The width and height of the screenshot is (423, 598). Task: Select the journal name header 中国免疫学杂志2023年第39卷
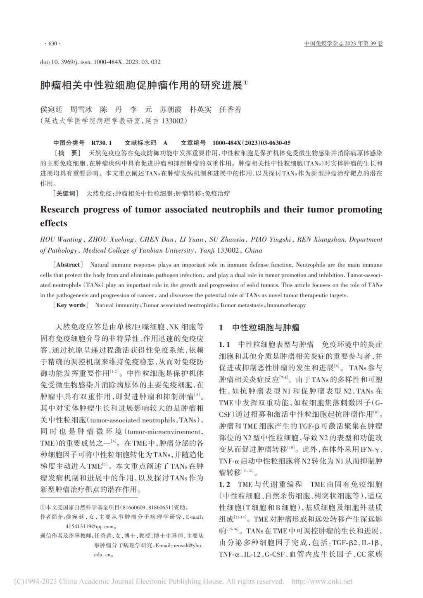343,43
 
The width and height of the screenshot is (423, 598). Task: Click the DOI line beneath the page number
100,62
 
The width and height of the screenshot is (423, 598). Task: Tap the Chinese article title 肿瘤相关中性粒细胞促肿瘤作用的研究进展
141,85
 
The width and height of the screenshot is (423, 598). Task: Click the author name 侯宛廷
51,109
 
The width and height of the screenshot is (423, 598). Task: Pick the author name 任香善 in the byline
231,109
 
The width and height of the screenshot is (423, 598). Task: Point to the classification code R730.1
102,143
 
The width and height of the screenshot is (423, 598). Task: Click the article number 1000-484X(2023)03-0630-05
252,143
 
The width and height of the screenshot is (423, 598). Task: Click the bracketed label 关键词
66,193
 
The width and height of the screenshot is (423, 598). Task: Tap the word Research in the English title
59,209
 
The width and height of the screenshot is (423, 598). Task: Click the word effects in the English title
53,223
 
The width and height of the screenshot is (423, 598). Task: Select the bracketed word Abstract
68,265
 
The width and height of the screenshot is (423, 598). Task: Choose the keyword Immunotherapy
286,306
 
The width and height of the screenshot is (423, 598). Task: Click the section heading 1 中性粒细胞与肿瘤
259,328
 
